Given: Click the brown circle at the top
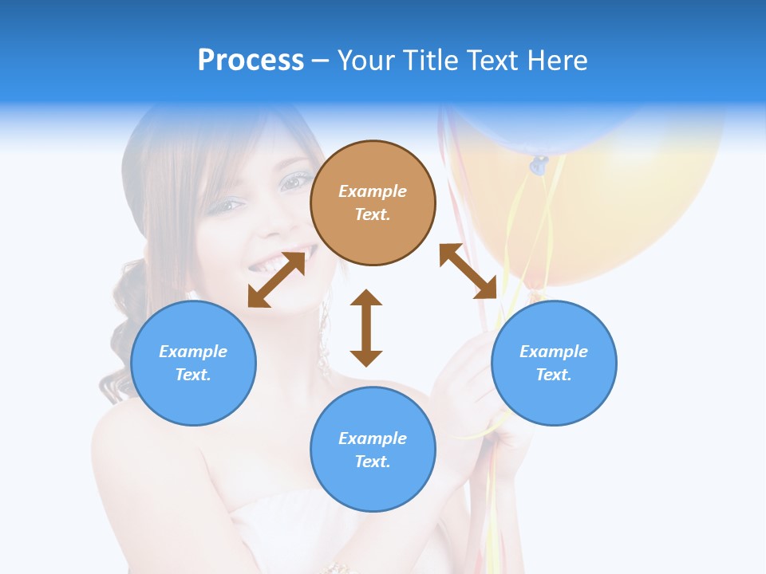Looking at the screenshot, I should (x=373, y=203).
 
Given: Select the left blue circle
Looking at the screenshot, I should (x=193, y=363).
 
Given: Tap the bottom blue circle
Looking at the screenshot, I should (x=373, y=450).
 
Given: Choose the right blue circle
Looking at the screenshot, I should (x=554, y=363).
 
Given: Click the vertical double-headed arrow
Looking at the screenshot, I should (x=366, y=328).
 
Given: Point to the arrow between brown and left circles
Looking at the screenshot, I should (x=277, y=279).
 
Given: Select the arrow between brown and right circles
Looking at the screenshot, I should (x=468, y=271).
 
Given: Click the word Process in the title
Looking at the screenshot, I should (x=251, y=60).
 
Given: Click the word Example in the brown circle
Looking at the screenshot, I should (x=373, y=191).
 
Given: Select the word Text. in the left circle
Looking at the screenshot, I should (x=193, y=375).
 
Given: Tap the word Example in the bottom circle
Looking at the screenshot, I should (x=373, y=438).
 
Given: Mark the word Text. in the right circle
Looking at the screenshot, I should (x=554, y=375).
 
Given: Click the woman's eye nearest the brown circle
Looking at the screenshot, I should (x=293, y=182).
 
